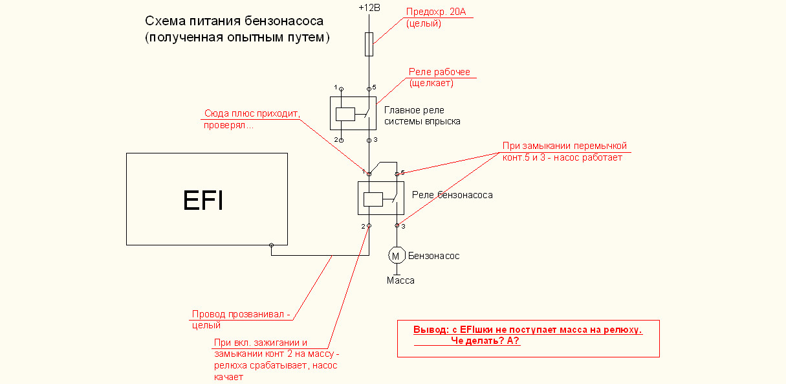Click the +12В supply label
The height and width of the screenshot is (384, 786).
coord(369,8)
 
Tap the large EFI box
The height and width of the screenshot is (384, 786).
coord(206,199)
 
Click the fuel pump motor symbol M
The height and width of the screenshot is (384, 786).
coord(396,256)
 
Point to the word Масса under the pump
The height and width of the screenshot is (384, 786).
coord(400,280)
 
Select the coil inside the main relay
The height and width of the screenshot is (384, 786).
coord(345,113)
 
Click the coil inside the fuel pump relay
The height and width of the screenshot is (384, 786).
coord(373,199)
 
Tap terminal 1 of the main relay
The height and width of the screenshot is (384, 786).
coord(341,88)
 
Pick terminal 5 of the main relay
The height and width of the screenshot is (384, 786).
coord(369,88)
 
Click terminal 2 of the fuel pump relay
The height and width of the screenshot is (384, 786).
coord(369,226)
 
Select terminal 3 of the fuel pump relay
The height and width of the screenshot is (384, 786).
coord(397,226)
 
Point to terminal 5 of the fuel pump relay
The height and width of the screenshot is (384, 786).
coord(397,174)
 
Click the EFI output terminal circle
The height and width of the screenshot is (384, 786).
coord(272,245)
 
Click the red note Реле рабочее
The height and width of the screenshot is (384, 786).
coord(439,72)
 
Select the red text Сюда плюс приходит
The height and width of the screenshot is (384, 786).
coord(252,113)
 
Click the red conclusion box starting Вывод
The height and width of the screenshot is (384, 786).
coord(528,338)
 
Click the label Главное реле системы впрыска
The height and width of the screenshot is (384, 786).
coord(422,115)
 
